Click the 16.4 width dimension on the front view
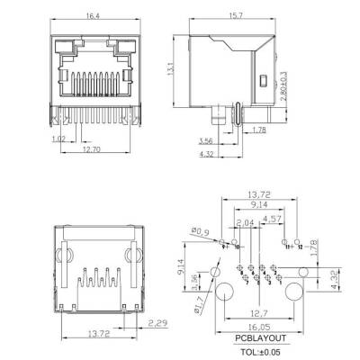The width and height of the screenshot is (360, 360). coord(94,15)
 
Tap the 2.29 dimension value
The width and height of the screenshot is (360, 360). coord(158,323)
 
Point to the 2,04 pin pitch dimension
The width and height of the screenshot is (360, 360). coord(244,222)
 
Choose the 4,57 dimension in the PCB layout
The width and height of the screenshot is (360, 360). coord(273,217)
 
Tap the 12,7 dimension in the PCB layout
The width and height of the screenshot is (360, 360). coord(261,315)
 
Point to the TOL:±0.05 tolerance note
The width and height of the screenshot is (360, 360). coord(261,353)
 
